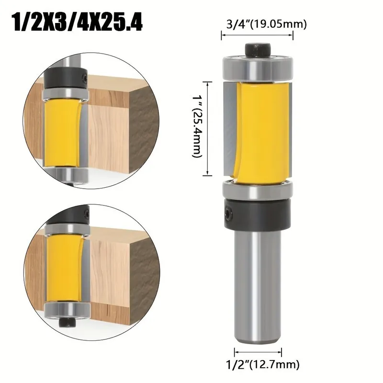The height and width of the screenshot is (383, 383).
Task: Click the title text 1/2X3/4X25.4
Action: [78, 23]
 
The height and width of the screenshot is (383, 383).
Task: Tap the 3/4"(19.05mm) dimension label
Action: [266, 24]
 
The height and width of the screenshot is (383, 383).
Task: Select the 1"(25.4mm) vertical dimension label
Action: [197, 126]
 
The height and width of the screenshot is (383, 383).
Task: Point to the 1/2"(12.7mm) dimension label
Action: [262, 365]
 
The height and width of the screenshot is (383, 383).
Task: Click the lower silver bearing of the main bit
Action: [258, 190]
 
